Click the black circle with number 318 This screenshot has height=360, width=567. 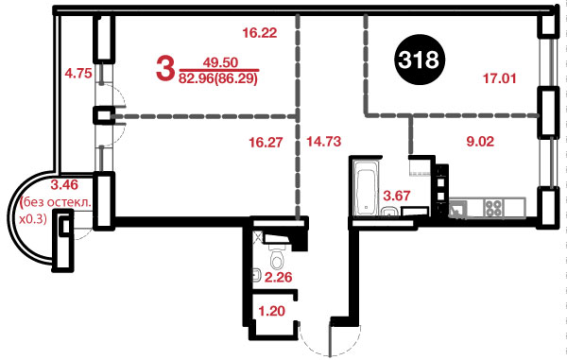(419, 60)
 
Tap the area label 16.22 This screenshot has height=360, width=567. (260, 33)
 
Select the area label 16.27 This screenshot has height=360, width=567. (266, 142)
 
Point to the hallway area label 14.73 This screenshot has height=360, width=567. (323, 142)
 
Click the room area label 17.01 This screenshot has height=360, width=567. (499, 78)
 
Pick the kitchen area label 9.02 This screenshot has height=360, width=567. (480, 142)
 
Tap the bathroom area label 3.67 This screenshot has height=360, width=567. (397, 196)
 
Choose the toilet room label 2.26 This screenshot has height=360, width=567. (279, 277)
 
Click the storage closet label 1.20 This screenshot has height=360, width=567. (272, 311)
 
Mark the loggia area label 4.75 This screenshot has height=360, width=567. (78, 74)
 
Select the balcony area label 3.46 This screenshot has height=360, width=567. (64, 185)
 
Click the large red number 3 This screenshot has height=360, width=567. (164, 69)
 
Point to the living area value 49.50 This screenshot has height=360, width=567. (220, 62)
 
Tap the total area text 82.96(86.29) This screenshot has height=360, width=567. (217, 77)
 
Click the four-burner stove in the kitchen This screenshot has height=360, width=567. (493, 208)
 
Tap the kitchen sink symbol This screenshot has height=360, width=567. (457, 210)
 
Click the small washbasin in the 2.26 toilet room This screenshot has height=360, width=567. (257, 275)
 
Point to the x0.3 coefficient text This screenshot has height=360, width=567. (32, 218)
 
